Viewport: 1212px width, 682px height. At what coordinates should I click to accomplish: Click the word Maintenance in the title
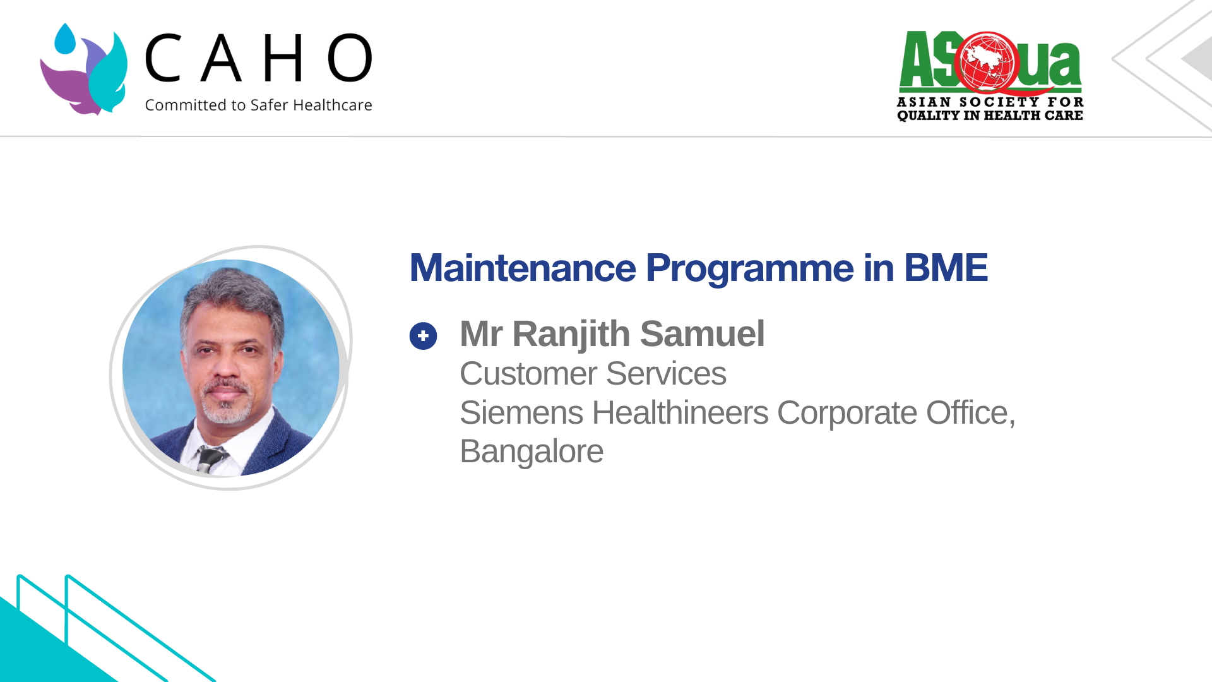coord(523,268)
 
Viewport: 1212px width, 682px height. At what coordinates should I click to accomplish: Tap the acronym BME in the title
coord(946,268)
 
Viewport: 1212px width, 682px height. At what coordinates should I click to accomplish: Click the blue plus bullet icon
coord(423,336)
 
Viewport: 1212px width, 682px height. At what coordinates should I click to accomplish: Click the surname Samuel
coord(702,333)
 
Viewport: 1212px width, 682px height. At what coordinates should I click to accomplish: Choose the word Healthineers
coord(680,413)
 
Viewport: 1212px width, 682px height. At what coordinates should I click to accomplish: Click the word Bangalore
coord(532,452)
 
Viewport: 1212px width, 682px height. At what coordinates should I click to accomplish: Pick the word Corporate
coord(847,414)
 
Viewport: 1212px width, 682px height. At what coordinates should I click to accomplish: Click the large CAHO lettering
coord(259,58)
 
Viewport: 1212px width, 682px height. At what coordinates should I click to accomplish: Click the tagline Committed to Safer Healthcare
coord(259,105)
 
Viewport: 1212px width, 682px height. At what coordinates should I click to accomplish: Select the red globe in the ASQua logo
coord(987,62)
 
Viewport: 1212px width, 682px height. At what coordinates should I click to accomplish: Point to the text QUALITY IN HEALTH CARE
coord(990,116)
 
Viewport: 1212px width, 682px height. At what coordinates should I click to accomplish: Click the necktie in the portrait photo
coord(210,459)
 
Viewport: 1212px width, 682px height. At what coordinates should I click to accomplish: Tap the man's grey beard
coord(226,404)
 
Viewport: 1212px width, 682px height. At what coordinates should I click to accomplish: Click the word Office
coord(971,413)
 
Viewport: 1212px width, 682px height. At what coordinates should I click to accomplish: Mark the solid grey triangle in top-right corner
coord(1199,58)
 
